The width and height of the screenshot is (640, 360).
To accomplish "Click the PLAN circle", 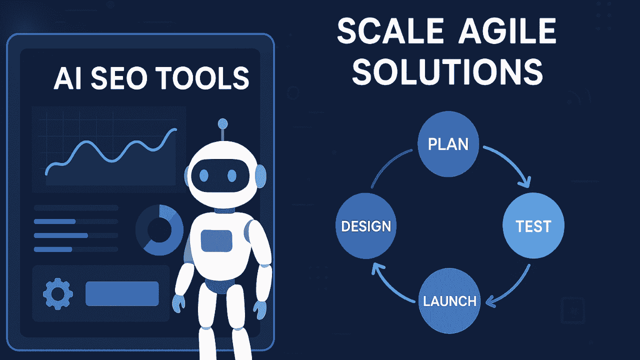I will coord(448,144).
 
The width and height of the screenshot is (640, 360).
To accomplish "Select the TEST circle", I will coord(533,226).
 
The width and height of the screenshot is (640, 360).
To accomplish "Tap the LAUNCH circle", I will coord(449,300).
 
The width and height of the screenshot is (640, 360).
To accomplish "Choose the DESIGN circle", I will coord(365,226).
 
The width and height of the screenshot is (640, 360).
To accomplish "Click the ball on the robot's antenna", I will coord(223,123).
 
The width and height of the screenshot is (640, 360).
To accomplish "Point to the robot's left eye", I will coord(203,175).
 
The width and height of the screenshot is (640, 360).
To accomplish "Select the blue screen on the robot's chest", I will coord(216,241).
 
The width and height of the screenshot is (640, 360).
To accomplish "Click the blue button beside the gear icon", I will coord(122,293).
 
